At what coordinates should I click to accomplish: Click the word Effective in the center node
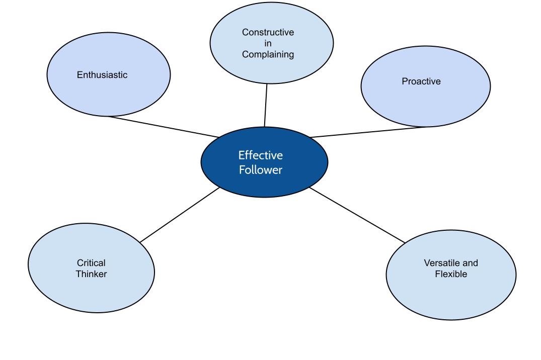[x=260, y=155]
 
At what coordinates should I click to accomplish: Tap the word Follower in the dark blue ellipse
[x=260, y=170]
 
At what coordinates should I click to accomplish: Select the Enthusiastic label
[x=102, y=75]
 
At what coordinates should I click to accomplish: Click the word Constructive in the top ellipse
[x=268, y=33]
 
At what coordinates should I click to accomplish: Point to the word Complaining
[x=268, y=55]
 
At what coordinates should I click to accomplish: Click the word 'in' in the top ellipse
[x=268, y=44]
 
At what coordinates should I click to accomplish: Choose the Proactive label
[x=421, y=81]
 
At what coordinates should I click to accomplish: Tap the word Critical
[x=91, y=263]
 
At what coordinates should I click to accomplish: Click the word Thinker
[x=91, y=274]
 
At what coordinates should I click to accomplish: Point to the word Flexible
[x=451, y=275]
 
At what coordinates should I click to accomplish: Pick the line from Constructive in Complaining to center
[x=266, y=106]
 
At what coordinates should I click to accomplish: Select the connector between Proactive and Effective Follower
[x=367, y=132]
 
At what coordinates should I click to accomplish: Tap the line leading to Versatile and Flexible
[x=357, y=215]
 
